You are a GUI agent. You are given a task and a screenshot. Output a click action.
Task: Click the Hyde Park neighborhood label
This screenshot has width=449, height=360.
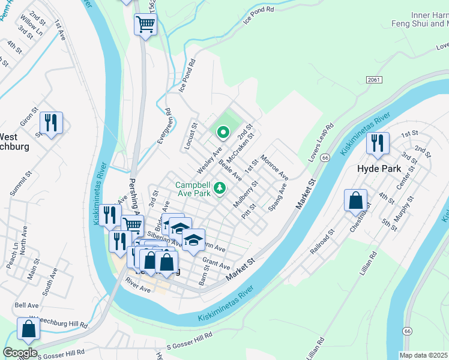tap(379, 169)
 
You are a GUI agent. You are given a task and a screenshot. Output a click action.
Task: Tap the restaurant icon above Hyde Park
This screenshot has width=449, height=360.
tap(378, 143)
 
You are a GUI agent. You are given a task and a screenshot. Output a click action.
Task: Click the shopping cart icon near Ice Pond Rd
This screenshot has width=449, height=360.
tap(145, 25)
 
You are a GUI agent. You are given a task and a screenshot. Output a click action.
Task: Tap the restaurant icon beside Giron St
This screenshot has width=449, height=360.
tap(51, 122)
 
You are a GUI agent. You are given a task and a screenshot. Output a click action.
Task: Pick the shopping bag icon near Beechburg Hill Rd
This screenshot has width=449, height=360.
tap(28, 329)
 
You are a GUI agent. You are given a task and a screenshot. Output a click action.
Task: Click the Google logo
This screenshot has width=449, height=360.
tap(20, 353)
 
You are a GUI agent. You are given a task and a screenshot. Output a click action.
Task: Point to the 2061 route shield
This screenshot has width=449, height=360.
tap(374, 79)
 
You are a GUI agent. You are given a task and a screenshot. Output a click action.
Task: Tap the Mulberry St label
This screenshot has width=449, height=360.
tap(245, 194)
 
